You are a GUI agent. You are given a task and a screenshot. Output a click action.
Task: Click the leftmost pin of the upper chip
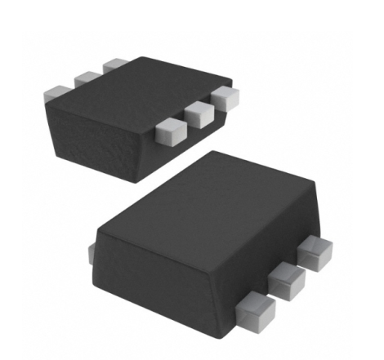[56, 92]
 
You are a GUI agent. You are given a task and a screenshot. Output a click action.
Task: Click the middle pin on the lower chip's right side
[286, 278]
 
